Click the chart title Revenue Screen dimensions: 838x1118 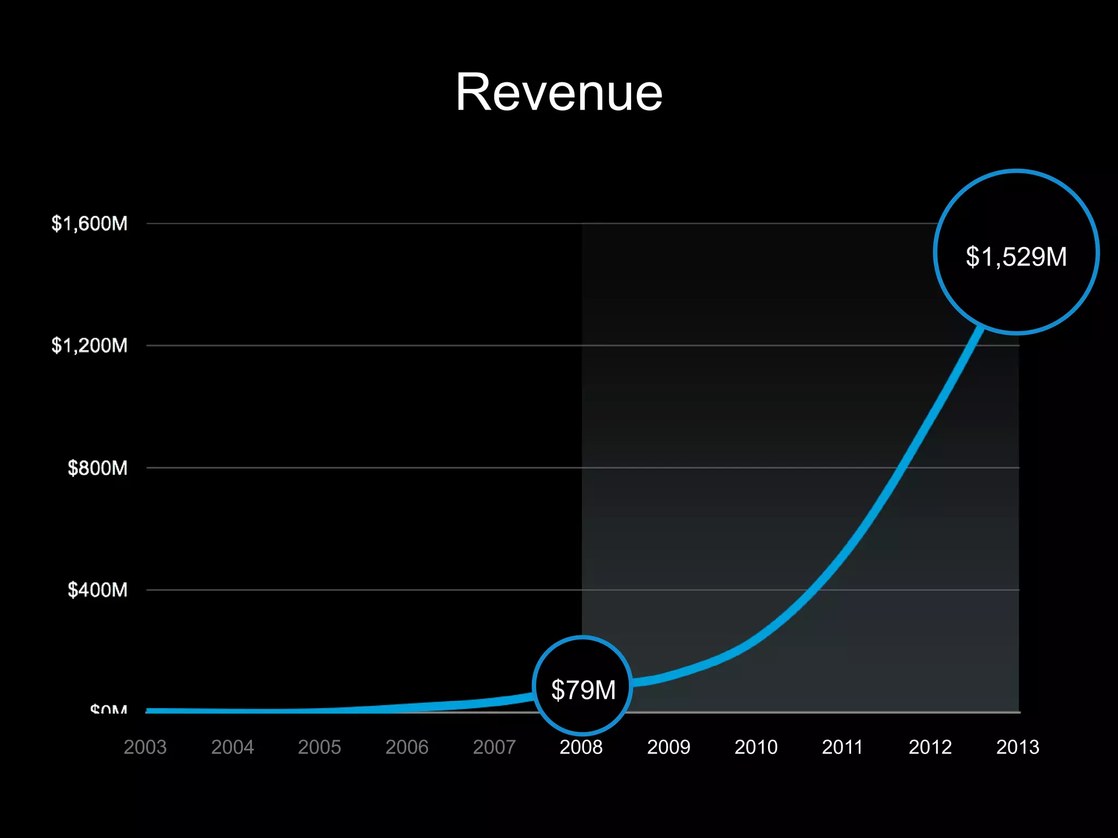pyautogui.click(x=559, y=93)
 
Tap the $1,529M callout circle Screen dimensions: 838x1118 pyautogui.click(x=1016, y=253)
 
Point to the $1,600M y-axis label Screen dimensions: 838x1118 pyautogui.click(x=90, y=224)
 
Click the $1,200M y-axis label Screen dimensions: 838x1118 pyautogui.click(x=90, y=345)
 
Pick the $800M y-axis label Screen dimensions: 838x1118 pyautogui.click(x=97, y=468)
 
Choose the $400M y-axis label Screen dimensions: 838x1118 pyautogui.click(x=97, y=590)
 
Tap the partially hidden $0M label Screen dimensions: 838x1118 pyautogui.click(x=109, y=709)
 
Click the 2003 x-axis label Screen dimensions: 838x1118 pyautogui.click(x=145, y=747)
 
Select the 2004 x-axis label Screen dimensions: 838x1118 pyautogui.click(x=233, y=747)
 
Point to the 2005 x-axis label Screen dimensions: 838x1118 pyautogui.click(x=319, y=747)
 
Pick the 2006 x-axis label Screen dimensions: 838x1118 pyautogui.click(x=407, y=747)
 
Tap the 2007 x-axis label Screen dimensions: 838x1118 pyautogui.click(x=494, y=747)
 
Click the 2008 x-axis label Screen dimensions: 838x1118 pyautogui.click(x=581, y=747)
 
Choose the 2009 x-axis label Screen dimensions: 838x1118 pyautogui.click(x=668, y=747)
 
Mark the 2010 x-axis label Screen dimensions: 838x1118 pyautogui.click(x=756, y=747)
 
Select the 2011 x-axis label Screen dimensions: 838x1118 pyautogui.click(x=842, y=747)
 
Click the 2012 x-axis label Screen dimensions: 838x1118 pyautogui.click(x=930, y=747)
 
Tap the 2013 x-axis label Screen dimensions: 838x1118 pyautogui.click(x=1018, y=747)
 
